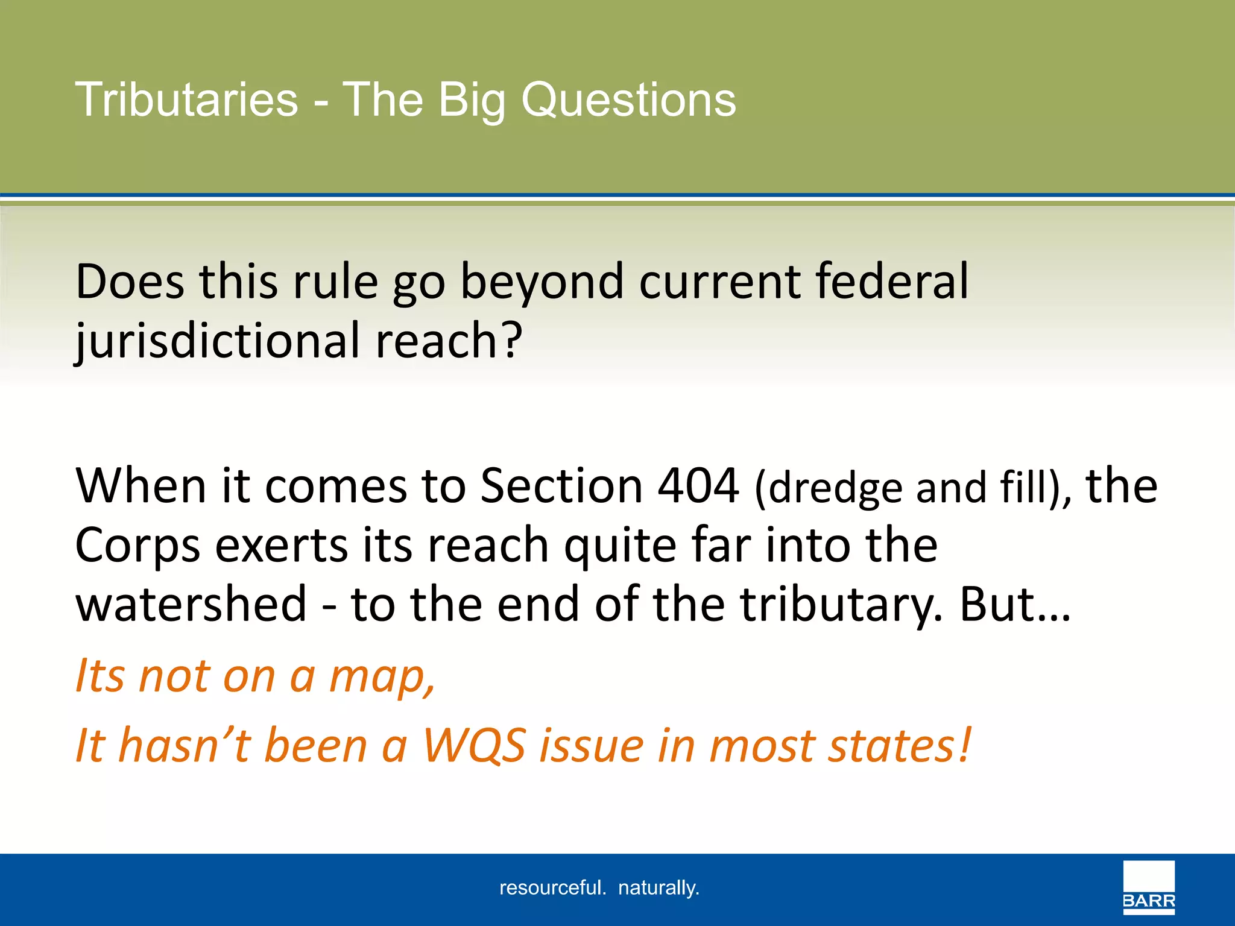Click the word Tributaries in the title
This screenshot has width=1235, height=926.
[x=186, y=100]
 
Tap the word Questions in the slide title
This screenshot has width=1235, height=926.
[x=628, y=100]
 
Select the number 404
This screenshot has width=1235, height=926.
[x=698, y=485]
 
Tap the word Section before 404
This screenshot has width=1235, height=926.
[x=561, y=485]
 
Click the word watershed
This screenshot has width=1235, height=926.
[x=191, y=604]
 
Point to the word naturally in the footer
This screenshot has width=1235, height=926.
[x=659, y=888]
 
